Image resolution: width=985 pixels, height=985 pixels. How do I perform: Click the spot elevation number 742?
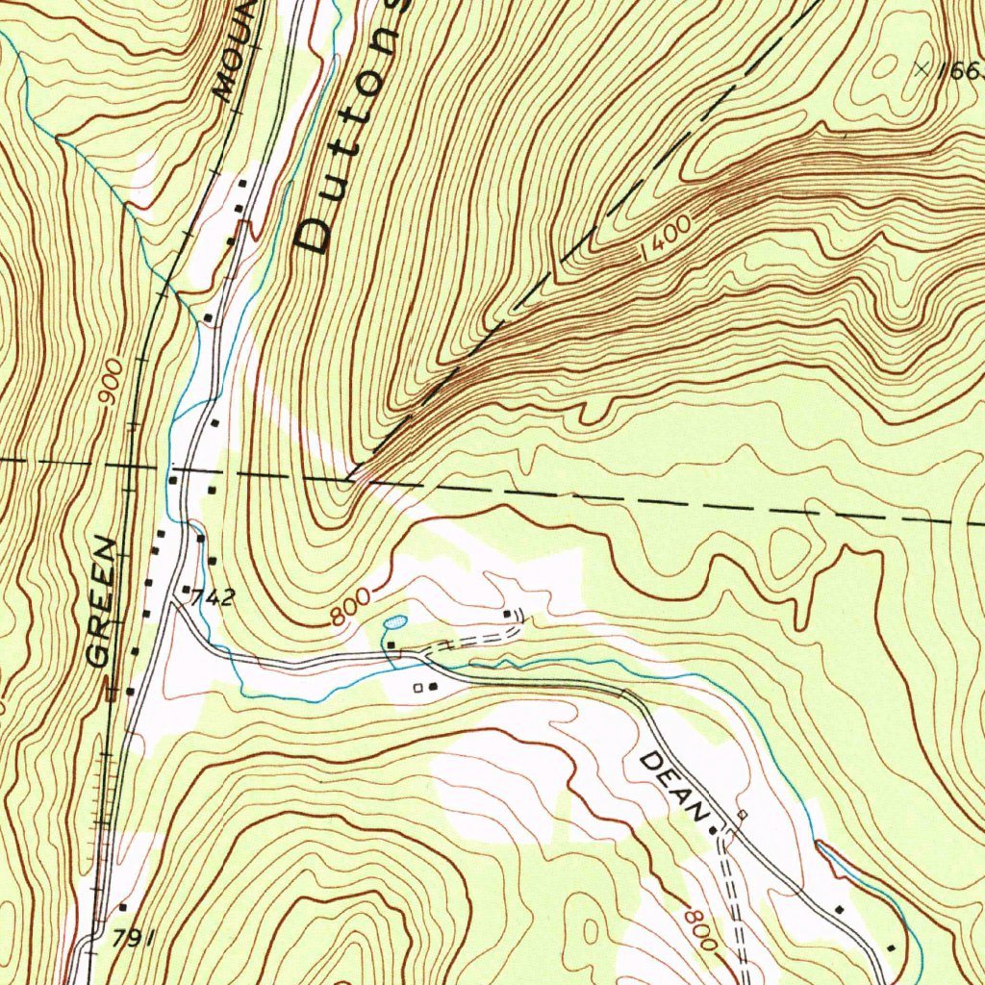[213, 597]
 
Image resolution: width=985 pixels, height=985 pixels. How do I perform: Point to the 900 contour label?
[114, 382]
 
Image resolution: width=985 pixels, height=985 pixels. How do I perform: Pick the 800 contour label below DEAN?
[702, 927]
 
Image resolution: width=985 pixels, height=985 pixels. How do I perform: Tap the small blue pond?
[395, 623]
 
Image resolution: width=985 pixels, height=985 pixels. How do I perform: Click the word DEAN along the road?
[674, 785]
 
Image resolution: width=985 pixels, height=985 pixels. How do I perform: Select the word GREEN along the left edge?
[103, 603]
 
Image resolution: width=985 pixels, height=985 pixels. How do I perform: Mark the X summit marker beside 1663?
[922, 68]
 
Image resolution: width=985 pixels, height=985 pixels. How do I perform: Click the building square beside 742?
[186, 588]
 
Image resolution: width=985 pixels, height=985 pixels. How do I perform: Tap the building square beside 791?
[123, 906]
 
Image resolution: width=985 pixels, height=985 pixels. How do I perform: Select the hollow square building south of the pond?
[418, 687]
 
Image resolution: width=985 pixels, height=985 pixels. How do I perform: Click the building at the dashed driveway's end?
[507, 612]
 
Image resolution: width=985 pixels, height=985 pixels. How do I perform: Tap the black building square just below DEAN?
[713, 829]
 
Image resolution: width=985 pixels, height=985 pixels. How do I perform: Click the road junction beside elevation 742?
[172, 604]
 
